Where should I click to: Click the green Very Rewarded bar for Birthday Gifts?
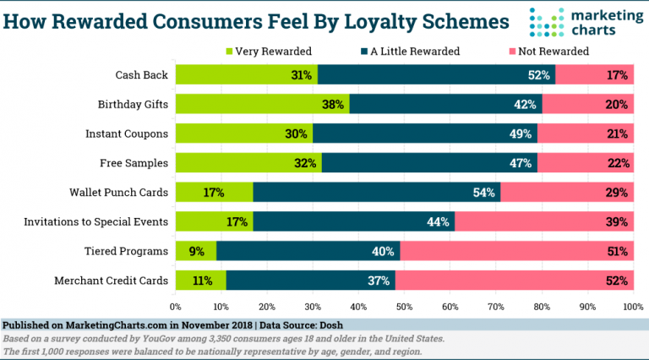(x=254, y=105)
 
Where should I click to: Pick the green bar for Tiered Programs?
(x=195, y=251)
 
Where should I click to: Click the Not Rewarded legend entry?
(x=548, y=51)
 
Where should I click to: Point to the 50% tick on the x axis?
(x=404, y=307)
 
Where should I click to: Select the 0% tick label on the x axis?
(x=176, y=307)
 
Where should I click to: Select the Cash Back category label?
(x=141, y=75)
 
